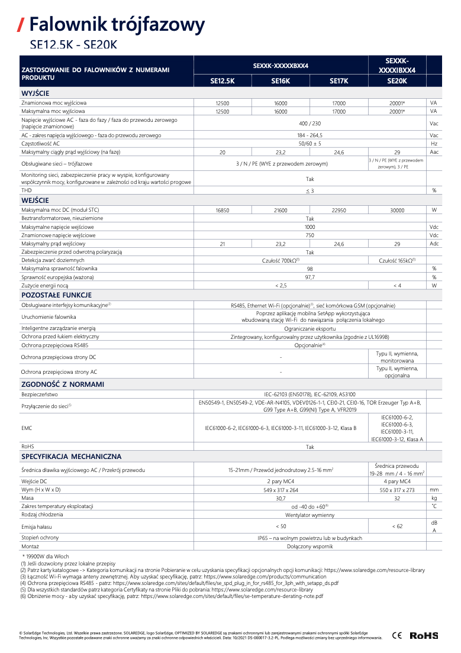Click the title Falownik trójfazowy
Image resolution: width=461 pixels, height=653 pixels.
(x=117, y=24)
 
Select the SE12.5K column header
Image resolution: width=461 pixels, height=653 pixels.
(x=223, y=81)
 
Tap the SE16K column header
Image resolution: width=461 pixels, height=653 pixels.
(x=281, y=81)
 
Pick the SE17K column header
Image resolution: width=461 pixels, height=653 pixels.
(x=339, y=81)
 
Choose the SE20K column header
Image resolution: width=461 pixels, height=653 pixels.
(x=396, y=81)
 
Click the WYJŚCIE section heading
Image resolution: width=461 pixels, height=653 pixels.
(x=35, y=93)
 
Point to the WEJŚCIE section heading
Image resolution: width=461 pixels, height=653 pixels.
(x=35, y=201)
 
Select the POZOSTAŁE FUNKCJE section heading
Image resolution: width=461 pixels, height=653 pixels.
(x=56, y=295)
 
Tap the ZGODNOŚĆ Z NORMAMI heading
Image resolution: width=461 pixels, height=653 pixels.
(x=63, y=384)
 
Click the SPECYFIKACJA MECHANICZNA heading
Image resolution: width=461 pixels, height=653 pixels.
(x=71, y=457)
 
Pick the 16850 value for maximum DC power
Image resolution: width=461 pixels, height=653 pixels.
(x=223, y=210)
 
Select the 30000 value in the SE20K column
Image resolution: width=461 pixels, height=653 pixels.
(x=396, y=210)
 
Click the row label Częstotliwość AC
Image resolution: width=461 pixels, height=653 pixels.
(x=40, y=144)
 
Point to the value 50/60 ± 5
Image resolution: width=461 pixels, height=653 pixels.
(x=310, y=144)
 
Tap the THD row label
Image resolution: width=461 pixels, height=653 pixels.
(x=26, y=190)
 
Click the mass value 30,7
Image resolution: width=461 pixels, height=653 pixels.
(x=281, y=498)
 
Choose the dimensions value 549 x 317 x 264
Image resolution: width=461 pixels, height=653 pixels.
(x=281, y=490)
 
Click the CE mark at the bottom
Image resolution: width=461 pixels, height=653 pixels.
(x=396, y=635)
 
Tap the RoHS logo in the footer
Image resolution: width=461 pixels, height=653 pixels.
(x=424, y=635)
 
